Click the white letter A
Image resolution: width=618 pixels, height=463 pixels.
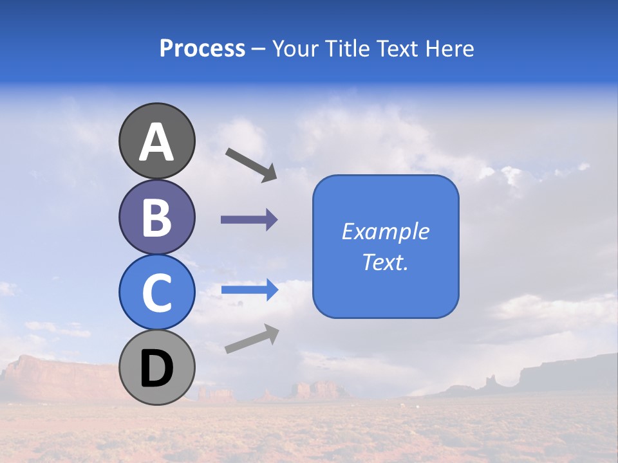[156, 142]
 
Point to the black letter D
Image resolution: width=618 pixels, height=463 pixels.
[156, 368]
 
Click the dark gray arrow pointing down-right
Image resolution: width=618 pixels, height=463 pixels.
[252, 164]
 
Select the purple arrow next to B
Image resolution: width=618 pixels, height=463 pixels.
[249, 220]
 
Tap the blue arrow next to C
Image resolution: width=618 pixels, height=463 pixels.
[250, 290]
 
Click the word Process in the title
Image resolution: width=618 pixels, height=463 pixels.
[202, 48]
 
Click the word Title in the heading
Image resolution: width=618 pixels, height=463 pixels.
[344, 48]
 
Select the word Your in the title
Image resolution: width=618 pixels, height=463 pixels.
[293, 48]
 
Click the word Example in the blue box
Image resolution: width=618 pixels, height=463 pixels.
[385, 232]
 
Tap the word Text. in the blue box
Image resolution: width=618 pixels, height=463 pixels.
[385, 262]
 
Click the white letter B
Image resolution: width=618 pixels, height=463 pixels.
[156, 217]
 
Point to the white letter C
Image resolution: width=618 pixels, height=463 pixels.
[156, 293]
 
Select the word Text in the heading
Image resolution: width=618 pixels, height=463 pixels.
[397, 48]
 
